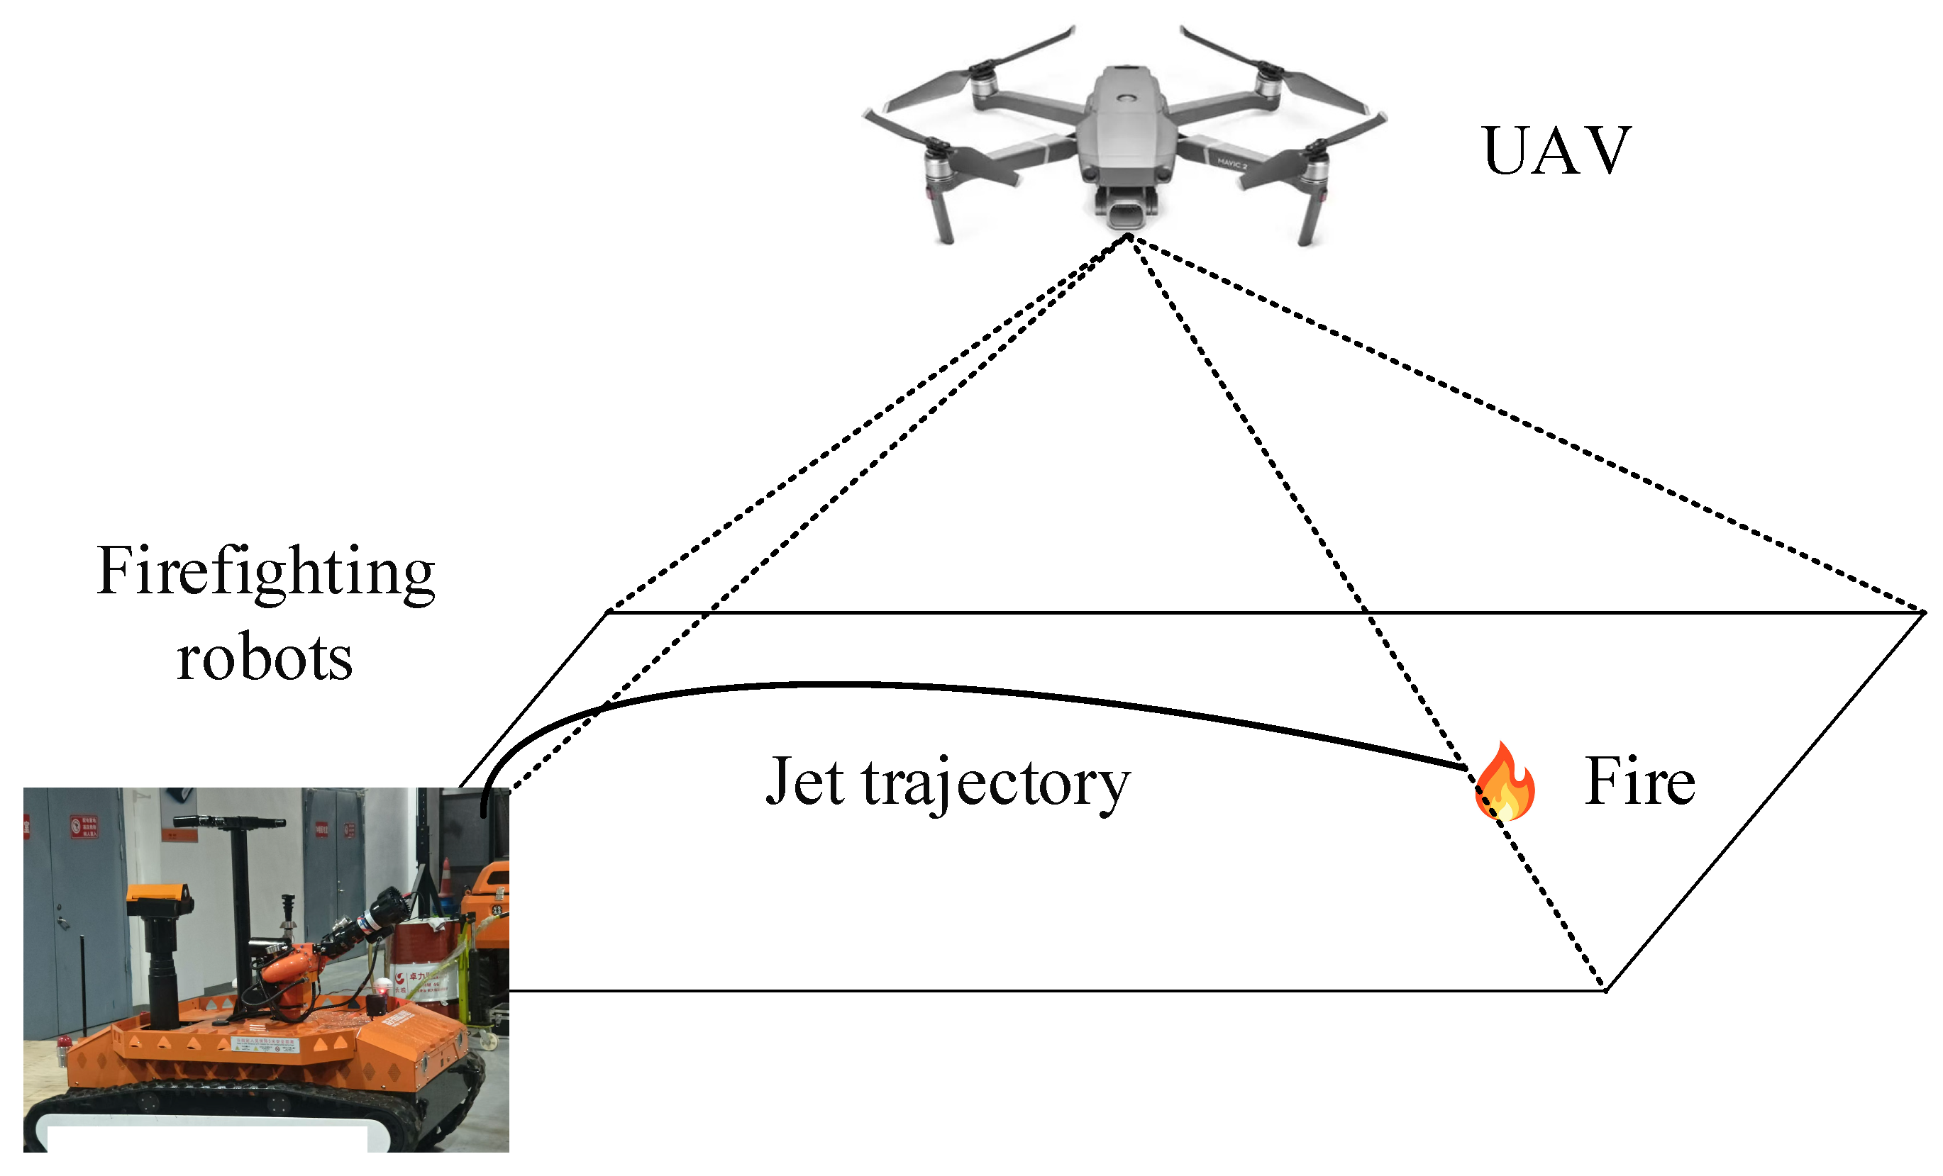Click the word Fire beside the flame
point(1640,782)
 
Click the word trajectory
point(997,785)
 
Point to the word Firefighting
point(266,571)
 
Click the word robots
point(264,658)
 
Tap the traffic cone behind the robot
point(447,878)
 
